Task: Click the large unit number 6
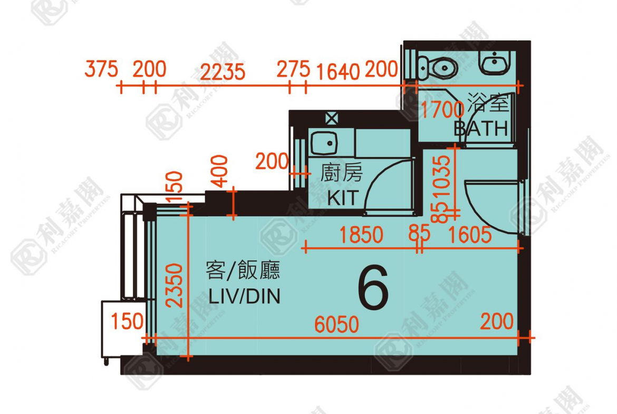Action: (x=373, y=289)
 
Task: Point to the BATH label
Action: (x=481, y=128)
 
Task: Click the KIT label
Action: (x=342, y=198)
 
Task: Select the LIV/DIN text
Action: (x=244, y=296)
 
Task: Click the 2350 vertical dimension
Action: (x=176, y=285)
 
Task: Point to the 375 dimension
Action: (x=101, y=69)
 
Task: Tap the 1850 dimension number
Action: (x=361, y=235)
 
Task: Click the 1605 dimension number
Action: (x=469, y=235)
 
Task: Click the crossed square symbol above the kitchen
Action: (x=331, y=118)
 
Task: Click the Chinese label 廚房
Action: (x=341, y=174)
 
